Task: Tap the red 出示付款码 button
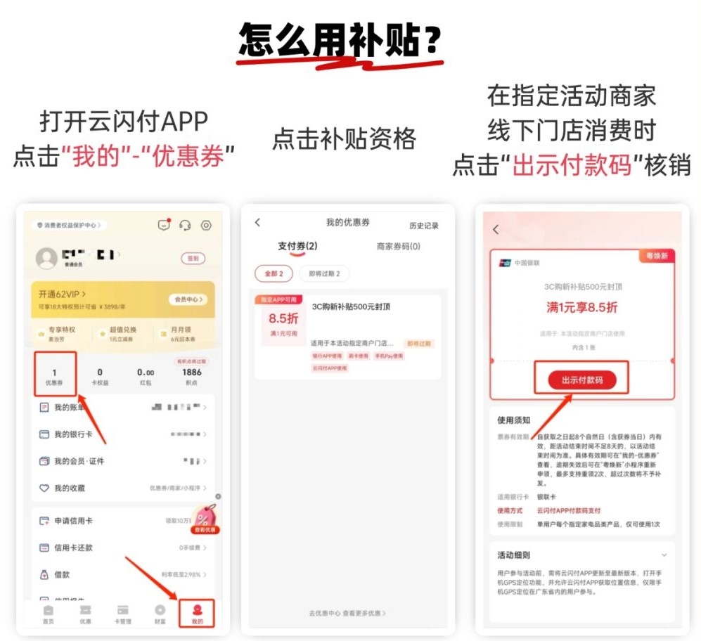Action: click(x=581, y=380)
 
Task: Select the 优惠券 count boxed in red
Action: click(x=55, y=375)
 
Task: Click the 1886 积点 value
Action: click(x=191, y=375)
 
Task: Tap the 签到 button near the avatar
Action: click(x=192, y=259)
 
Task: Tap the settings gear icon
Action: click(x=206, y=226)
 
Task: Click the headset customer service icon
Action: click(x=185, y=226)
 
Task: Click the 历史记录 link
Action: click(x=423, y=226)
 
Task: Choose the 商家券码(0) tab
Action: click(x=399, y=247)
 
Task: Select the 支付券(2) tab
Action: click(x=297, y=247)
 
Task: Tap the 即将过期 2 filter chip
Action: click(x=324, y=273)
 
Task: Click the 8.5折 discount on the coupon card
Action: click(x=283, y=318)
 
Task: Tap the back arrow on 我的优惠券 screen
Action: click(x=257, y=223)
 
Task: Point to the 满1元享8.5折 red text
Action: click(x=582, y=307)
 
